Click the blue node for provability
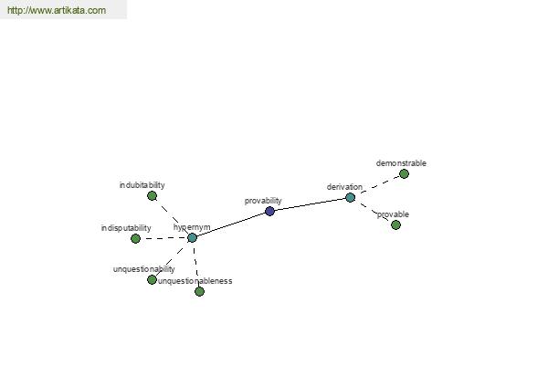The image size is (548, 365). tap(269, 211)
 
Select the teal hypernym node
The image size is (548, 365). tap(192, 238)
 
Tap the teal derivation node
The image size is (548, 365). tap(350, 198)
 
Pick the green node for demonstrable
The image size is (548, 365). tap(404, 173)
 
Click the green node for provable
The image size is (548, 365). tap(395, 225)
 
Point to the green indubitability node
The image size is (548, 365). tap(152, 195)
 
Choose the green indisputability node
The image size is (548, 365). tap(135, 238)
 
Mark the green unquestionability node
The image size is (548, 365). tap(152, 279)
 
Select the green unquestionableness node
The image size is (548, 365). tap(199, 291)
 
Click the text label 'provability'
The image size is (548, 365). tap(263, 201)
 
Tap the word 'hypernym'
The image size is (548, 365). tap(192, 227)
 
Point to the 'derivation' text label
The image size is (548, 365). tap(344, 187)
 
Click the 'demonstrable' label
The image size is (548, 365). tap(401, 163)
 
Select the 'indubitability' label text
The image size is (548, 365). tap(142, 185)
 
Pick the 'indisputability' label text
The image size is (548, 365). tap(126, 228)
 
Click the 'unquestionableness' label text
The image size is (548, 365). tap(195, 281)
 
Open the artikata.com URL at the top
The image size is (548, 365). tap(57, 10)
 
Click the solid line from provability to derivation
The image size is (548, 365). tap(310, 204)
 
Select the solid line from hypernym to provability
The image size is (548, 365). tap(231, 224)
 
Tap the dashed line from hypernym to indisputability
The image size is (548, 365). tap(163, 238)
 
